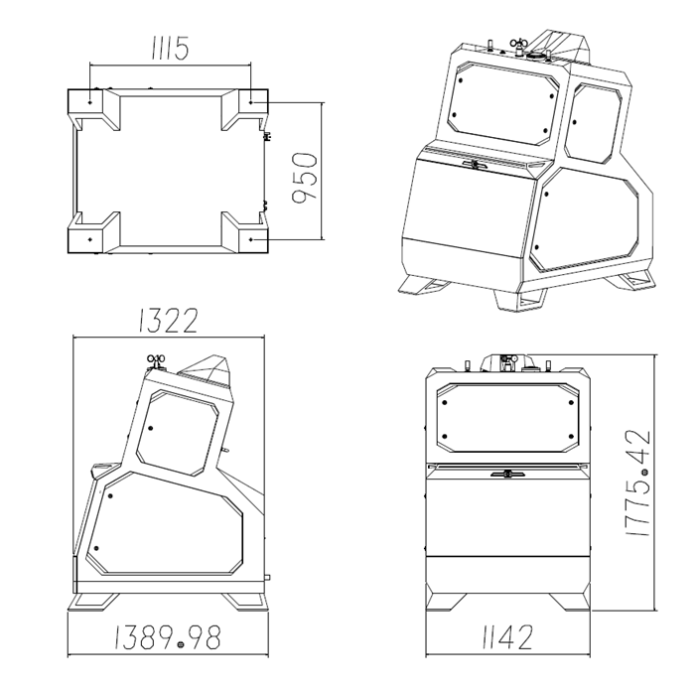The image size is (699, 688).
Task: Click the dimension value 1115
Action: [171, 48]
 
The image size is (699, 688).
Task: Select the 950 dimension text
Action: [305, 178]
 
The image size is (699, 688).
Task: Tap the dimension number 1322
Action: [168, 320]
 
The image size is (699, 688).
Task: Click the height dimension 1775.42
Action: [638, 482]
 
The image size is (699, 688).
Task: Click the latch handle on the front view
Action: [507, 474]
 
